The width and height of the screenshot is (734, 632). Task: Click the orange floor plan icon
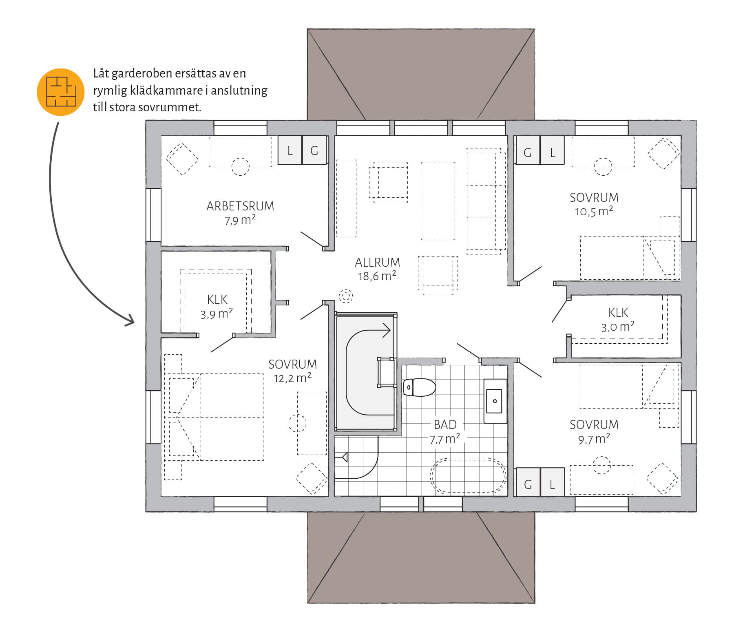60,92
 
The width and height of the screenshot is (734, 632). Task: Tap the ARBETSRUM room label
240,206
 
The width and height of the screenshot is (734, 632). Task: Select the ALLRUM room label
377,262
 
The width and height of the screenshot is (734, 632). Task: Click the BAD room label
445,425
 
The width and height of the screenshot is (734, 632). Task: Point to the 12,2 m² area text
292,378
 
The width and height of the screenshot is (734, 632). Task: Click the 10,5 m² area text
594,212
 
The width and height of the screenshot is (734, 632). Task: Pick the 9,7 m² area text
594,439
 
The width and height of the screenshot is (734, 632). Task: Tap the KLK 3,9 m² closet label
217,307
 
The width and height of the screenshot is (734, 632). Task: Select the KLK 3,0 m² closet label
618,320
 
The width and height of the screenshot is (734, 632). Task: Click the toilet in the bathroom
419,387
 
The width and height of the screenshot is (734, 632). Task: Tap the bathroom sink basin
495,401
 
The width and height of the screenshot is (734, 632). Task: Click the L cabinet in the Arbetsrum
290,150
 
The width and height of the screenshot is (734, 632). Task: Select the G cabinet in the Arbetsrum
314,150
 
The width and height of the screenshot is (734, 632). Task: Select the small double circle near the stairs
346,296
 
